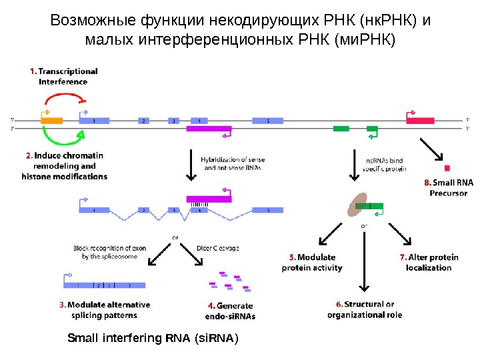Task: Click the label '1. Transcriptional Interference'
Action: [63, 76]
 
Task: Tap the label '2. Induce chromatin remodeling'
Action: [64, 166]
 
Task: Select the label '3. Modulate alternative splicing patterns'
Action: [103, 310]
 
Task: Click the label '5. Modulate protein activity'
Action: [311, 263]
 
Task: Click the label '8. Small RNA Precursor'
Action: [448, 187]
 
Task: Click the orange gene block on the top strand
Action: [52, 121]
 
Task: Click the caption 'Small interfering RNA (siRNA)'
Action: [153, 339]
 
